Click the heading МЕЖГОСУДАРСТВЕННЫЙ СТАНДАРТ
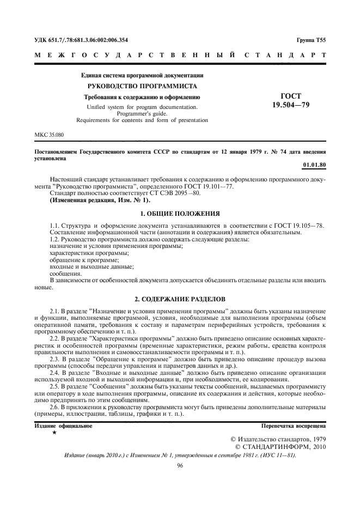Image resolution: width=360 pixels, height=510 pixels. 180,55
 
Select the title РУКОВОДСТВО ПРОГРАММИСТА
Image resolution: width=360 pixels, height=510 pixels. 142,86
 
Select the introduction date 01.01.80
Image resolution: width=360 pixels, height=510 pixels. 314,163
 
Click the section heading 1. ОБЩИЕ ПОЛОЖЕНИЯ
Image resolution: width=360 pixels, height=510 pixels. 180,213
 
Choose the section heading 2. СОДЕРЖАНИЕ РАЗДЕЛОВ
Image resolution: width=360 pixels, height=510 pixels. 180,299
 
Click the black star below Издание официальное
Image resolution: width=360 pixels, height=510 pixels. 54,433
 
